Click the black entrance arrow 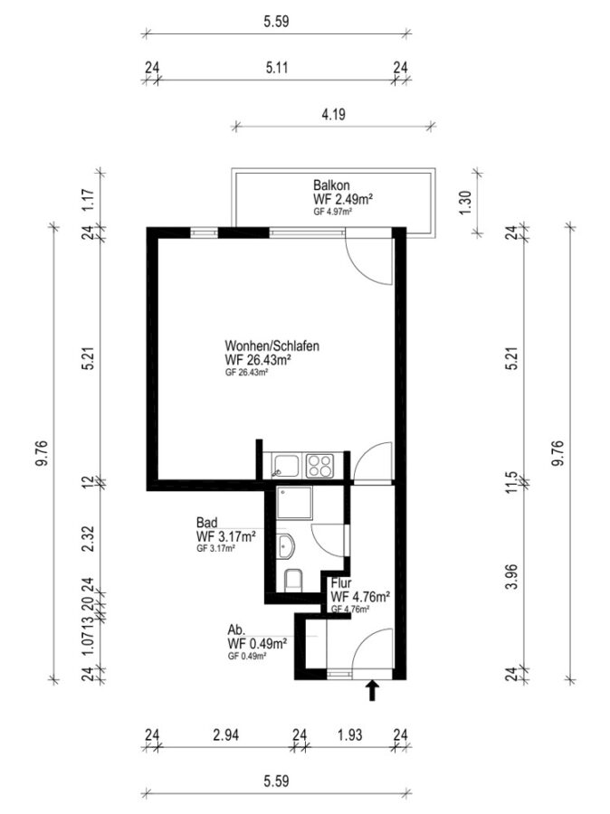372,691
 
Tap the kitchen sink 286,466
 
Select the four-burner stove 319,466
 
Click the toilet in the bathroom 293,580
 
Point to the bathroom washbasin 286,546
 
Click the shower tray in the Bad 295,503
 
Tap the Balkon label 331,185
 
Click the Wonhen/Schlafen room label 272,345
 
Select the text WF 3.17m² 225,536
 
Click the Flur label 341,583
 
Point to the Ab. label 236,630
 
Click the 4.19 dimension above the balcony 334,114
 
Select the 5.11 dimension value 277,68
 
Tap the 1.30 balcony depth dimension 465,203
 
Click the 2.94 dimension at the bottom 226,735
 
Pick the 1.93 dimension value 349,735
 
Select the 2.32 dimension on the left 89,539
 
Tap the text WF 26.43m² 258,360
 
